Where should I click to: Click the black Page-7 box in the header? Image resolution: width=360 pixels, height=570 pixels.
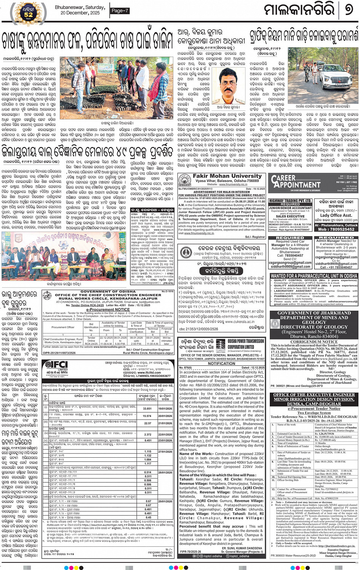coord(120,11)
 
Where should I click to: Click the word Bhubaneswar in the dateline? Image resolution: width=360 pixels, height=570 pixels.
coord(69,7)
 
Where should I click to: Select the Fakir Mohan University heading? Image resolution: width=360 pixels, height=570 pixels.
coord(222,176)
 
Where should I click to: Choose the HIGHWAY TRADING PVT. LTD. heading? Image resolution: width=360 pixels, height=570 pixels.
coord(290,201)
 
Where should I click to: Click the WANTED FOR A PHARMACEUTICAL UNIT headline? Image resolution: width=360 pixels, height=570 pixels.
coord(314,276)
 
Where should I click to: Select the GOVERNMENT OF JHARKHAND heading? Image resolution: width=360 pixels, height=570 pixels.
coord(314,313)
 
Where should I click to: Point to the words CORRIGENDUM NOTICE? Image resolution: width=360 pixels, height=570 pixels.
coord(314,342)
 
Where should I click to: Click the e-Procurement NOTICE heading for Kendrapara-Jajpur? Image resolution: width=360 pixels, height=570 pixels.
coord(108,310)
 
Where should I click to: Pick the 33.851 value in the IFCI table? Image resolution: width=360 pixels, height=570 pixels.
coord(147,409)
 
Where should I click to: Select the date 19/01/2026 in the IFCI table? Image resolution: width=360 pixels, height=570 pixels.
coord(165,409)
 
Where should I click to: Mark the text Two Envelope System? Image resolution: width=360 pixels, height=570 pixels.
coord(314,413)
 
